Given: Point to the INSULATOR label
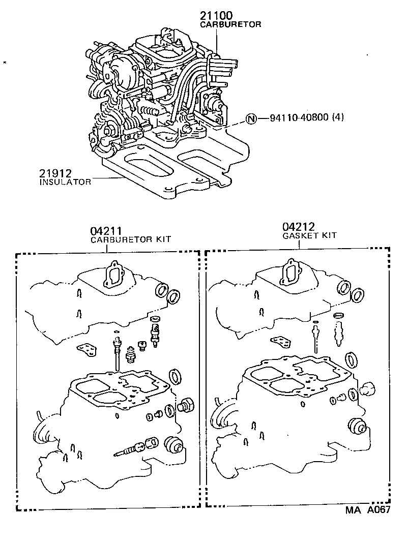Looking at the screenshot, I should click(65, 182).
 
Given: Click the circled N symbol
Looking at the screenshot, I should click(250, 119).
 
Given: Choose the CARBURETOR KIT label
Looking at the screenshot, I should click(131, 239).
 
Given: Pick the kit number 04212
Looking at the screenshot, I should click(299, 227).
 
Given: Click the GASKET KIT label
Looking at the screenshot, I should click(310, 235).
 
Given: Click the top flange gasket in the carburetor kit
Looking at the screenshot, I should click(112, 275).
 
